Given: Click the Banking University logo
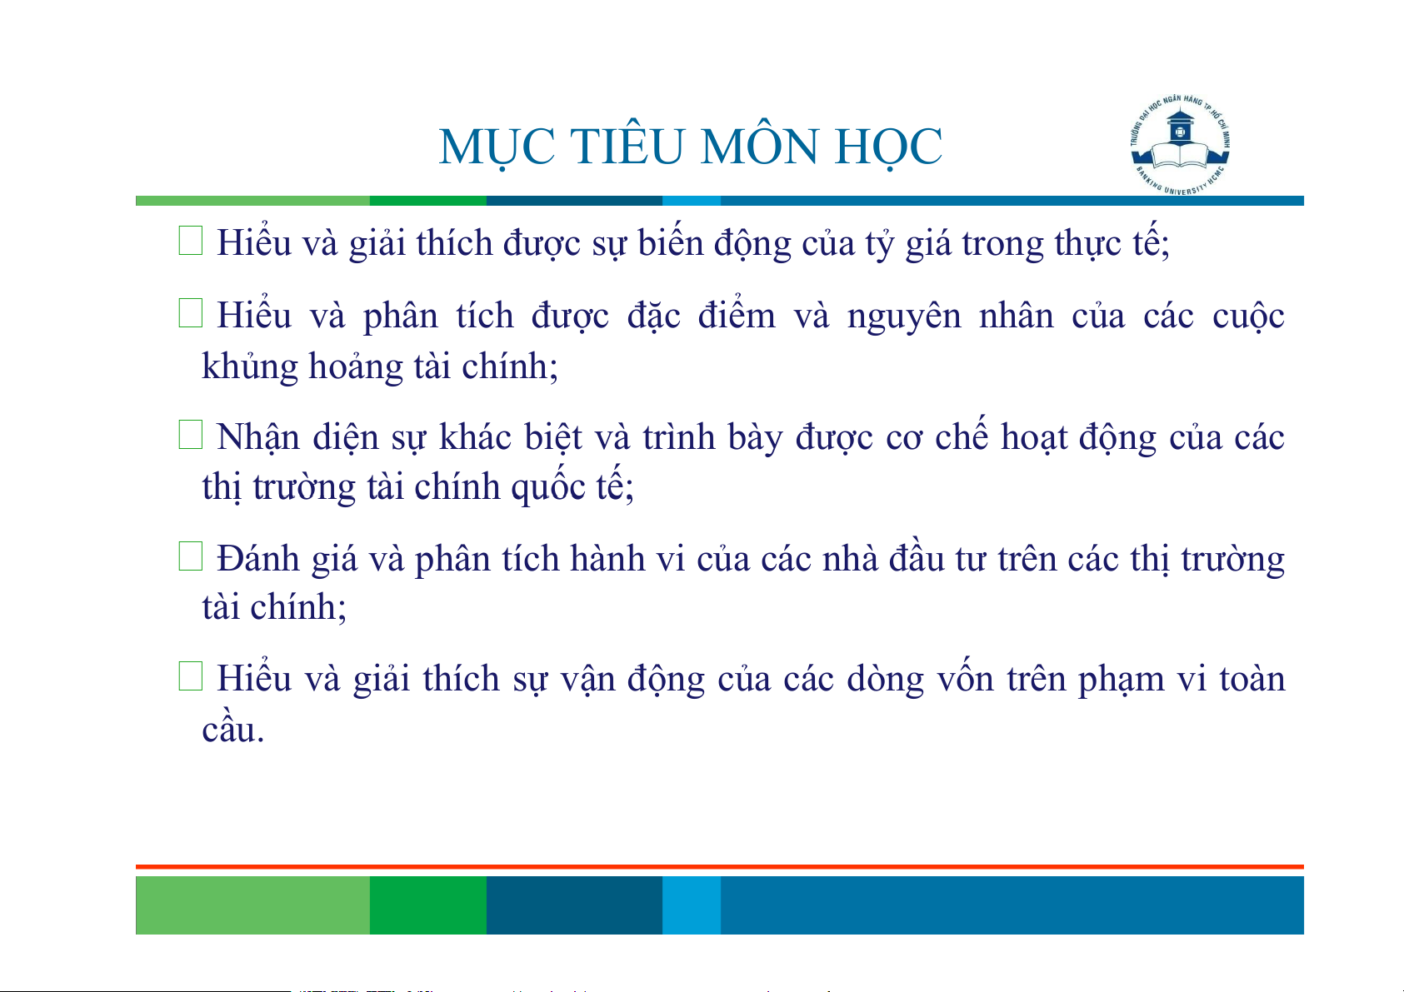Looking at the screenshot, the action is pos(1180,145).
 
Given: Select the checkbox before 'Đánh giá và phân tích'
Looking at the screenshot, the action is pos(191,556).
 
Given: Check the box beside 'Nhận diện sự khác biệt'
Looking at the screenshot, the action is pos(191,435).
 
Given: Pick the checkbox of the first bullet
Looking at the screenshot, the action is pos(191,241).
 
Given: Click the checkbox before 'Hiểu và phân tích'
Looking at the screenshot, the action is pos(191,312).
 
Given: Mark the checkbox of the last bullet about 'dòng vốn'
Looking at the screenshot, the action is pos(191,676).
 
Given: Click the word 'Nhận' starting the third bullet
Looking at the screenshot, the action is pos(258,436).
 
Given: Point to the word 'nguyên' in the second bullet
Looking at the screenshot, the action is pos(904,317).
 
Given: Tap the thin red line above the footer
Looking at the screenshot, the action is pos(720,867).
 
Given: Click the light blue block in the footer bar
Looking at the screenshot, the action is pos(692,905).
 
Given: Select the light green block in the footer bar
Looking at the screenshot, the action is pos(252,905).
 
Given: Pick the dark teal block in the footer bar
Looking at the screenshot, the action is pos(574,905).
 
